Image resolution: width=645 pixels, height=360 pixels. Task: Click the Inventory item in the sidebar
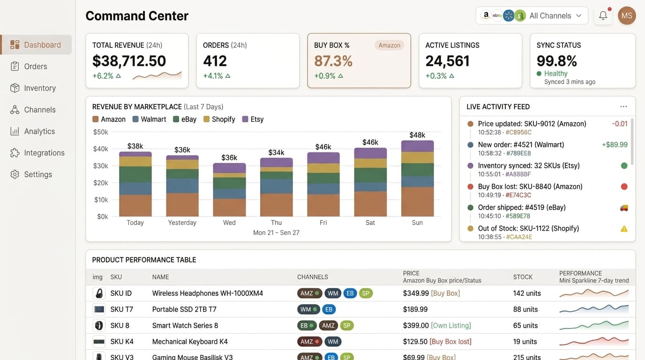click(40, 88)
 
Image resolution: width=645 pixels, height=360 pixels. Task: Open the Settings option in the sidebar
click(38, 174)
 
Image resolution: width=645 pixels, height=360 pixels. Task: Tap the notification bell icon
click(603, 15)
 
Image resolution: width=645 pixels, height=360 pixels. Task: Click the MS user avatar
click(627, 15)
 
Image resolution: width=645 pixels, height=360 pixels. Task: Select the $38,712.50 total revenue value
click(129, 61)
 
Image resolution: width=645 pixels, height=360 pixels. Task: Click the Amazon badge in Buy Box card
click(389, 45)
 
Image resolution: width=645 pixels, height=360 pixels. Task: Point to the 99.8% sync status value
click(557, 61)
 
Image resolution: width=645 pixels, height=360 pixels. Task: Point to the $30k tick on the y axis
click(101, 166)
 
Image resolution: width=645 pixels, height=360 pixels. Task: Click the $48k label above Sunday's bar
click(417, 135)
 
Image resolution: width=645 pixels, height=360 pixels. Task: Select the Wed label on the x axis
click(229, 223)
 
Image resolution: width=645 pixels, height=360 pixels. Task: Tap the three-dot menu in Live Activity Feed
click(623, 107)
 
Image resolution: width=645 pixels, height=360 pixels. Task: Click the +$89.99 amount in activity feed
click(615, 145)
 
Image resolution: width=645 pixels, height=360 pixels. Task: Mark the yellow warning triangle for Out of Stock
click(624, 229)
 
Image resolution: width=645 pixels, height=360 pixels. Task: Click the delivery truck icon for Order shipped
click(624, 208)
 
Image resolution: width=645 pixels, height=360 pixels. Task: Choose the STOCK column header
click(523, 277)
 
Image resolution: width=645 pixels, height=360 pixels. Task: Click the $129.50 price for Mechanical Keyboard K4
click(415, 342)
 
